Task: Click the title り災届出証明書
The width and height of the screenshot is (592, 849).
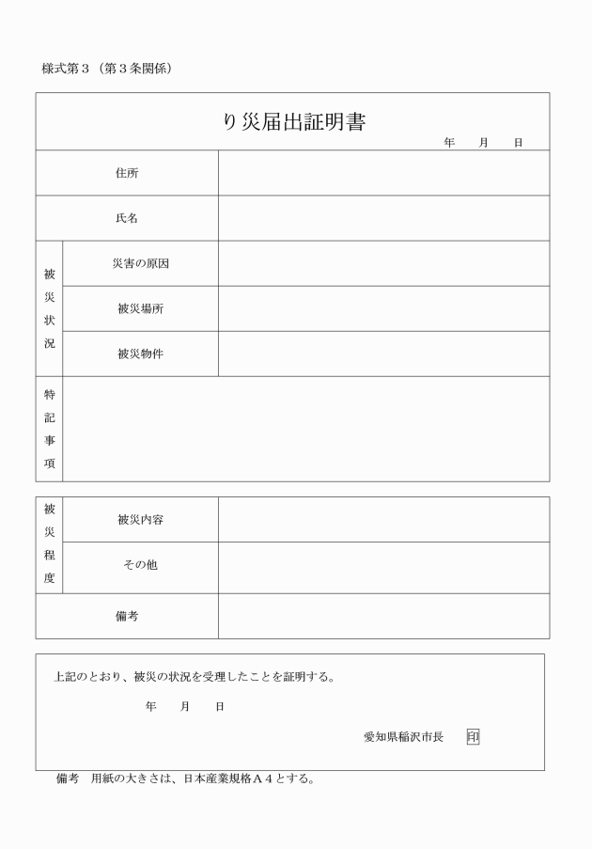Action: click(293, 122)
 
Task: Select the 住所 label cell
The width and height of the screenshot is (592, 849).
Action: click(127, 173)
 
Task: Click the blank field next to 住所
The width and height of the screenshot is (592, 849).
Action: click(383, 173)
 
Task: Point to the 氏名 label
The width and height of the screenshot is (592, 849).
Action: click(127, 218)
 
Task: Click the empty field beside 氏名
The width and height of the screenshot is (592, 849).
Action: click(383, 218)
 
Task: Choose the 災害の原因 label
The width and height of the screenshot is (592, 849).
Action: click(140, 263)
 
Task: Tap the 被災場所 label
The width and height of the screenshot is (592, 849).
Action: click(140, 308)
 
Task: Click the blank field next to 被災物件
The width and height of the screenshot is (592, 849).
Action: click(383, 354)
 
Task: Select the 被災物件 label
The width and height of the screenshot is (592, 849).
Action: click(140, 354)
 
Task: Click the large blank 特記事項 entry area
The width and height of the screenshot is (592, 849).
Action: click(305, 429)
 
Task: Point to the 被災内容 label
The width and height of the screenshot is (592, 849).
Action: click(140, 519)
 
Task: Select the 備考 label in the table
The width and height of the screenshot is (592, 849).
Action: click(127, 616)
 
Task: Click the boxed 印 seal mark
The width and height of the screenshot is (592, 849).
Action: click(472, 736)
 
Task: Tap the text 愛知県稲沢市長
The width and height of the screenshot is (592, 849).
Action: click(403, 736)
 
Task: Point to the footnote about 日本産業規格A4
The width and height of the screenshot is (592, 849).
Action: click(185, 779)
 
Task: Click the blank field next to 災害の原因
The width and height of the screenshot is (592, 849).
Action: click(383, 263)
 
